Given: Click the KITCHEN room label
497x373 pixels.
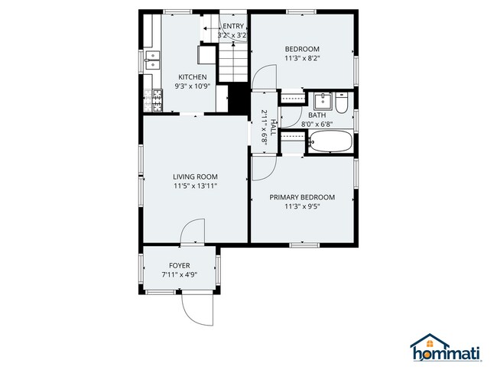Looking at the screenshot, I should (192, 77).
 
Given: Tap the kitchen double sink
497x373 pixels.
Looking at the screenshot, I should (151, 60).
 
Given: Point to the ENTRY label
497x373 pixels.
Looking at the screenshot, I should (232, 27).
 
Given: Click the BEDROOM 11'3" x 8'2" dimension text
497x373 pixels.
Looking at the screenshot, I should (302, 57).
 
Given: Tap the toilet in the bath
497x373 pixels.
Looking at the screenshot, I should (341, 101).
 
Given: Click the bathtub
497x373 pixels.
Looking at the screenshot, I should (330, 141).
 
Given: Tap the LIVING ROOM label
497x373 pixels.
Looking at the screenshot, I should (195, 177).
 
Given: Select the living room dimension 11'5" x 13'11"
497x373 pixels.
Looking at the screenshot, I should (195, 186).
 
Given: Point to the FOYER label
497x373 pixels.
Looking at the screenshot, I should (180, 265).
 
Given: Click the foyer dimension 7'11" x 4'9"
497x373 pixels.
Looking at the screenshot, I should (180, 274).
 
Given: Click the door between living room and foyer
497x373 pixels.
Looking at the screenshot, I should (194, 232).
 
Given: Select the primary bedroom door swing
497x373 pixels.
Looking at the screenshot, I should (262, 169).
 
